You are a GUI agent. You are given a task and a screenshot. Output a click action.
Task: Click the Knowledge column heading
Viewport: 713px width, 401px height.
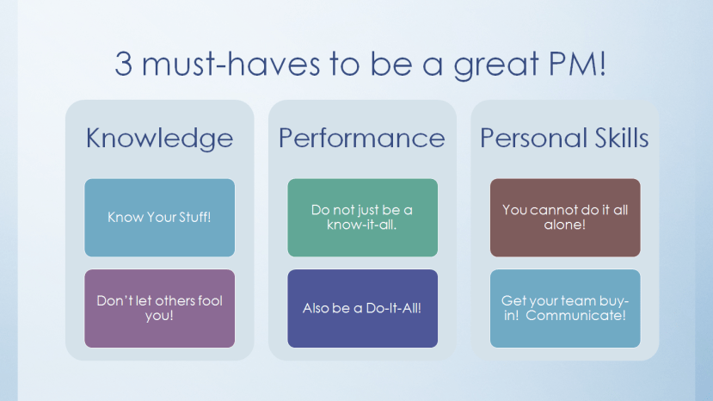[159, 138]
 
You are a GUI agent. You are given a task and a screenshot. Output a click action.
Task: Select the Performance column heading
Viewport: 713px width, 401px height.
[362, 138]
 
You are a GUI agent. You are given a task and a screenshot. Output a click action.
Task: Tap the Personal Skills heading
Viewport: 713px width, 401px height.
[564, 138]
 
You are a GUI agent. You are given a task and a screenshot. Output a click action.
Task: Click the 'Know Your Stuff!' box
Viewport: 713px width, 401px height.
[159, 217]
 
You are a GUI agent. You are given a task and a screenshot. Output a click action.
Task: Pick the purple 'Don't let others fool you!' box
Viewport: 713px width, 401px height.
[159, 308]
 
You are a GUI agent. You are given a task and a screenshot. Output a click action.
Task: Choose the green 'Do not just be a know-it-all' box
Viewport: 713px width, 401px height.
[362, 217]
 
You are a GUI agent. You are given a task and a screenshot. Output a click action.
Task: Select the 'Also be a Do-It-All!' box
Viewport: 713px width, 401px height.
[362, 308]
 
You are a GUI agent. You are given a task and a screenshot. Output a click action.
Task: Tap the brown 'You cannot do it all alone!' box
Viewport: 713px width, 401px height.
[565, 217]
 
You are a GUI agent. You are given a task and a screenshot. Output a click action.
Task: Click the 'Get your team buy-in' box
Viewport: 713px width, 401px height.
[565, 308]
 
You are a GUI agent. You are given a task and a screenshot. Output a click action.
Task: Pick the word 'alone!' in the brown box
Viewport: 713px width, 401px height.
[565, 225]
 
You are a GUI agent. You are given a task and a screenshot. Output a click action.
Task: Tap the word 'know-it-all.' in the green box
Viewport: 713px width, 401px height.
[362, 225]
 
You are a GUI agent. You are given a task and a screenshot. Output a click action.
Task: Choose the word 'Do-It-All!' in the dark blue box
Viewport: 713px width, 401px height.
[391, 308]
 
